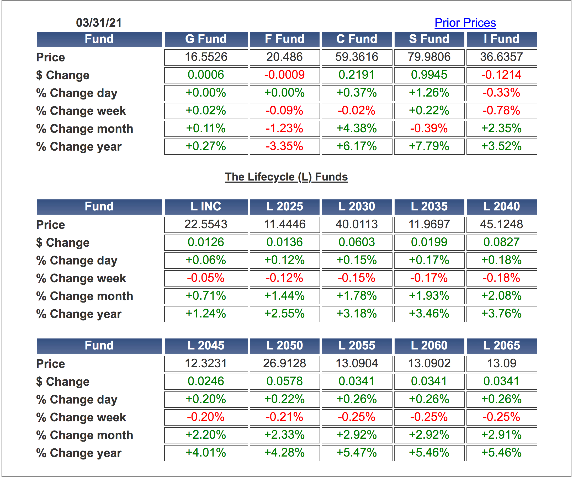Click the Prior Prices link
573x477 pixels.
click(465, 23)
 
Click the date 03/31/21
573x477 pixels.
click(99, 23)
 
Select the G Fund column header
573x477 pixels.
click(206, 39)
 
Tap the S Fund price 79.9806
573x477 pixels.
click(429, 57)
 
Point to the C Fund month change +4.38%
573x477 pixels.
click(357, 129)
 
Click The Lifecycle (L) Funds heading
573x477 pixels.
click(286, 177)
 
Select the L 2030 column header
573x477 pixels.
click(357, 206)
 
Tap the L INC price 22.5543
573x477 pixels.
click(206, 225)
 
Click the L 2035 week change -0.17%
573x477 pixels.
click(429, 278)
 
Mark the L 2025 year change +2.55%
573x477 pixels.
click(284, 314)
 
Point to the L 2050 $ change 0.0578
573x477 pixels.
click(284, 381)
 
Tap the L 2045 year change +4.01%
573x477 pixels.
click(206, 453)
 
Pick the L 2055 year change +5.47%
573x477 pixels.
click(357, 453)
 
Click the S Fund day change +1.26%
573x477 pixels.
click(429, 93)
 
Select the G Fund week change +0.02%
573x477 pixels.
click(206, 111)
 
